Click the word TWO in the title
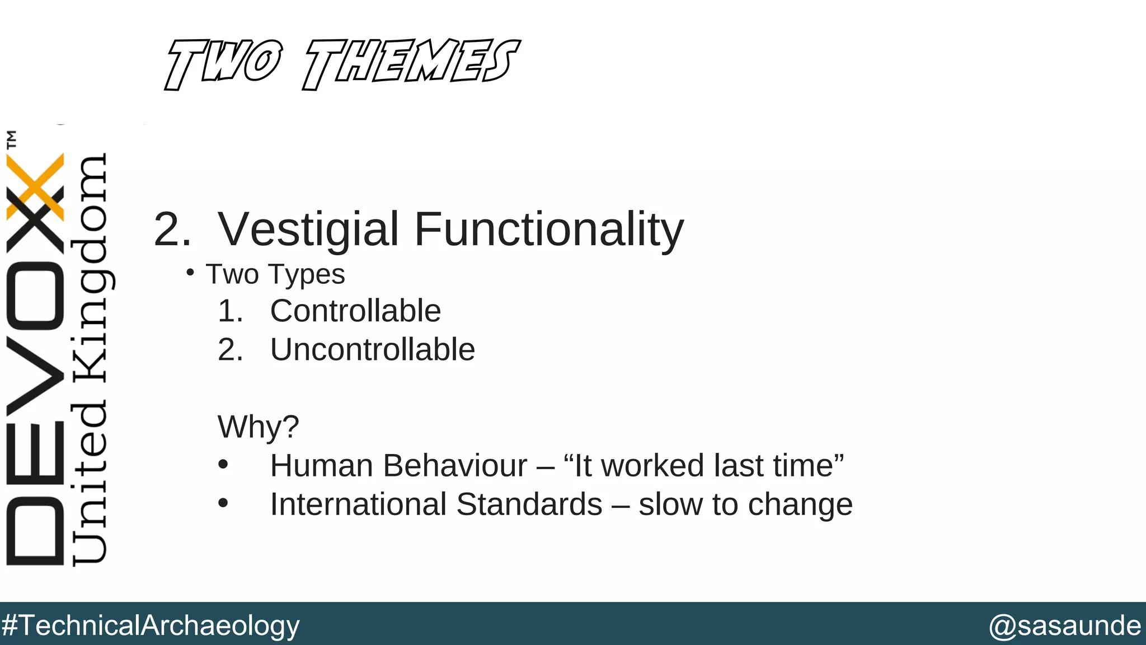pos(223,63)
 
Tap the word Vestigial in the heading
pos(308,229)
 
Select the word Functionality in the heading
pos(549,229)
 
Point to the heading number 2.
pos(172,229)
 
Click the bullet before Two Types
pos(190,273)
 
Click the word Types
pos(306,275)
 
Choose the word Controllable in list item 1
pos(355,311)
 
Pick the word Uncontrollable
pos(373,349)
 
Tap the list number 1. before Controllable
pos(230,311)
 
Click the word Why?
pos(258,427)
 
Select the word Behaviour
pos(454,466)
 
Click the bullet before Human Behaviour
pos(223,465)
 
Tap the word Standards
pos(529,504)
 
